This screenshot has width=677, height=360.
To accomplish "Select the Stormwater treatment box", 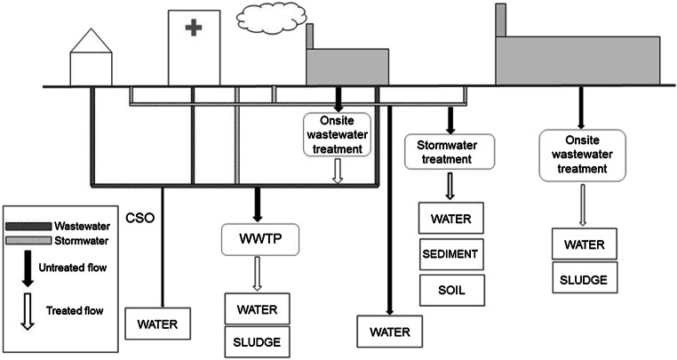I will [x=450, y=151].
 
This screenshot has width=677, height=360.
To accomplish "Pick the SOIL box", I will [x=450, y=288].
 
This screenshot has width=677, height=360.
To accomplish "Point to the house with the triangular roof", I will [x=88, y=58].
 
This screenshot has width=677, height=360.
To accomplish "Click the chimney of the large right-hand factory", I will [x=501, y=20].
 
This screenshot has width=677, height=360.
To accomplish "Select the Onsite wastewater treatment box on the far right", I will [x=583, y=155].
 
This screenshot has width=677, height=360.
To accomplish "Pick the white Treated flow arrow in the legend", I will [x=29, y=312].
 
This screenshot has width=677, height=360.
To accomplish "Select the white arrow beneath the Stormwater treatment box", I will [x=450, y=185].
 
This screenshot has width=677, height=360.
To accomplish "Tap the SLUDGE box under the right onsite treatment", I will [x=583, y=280].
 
